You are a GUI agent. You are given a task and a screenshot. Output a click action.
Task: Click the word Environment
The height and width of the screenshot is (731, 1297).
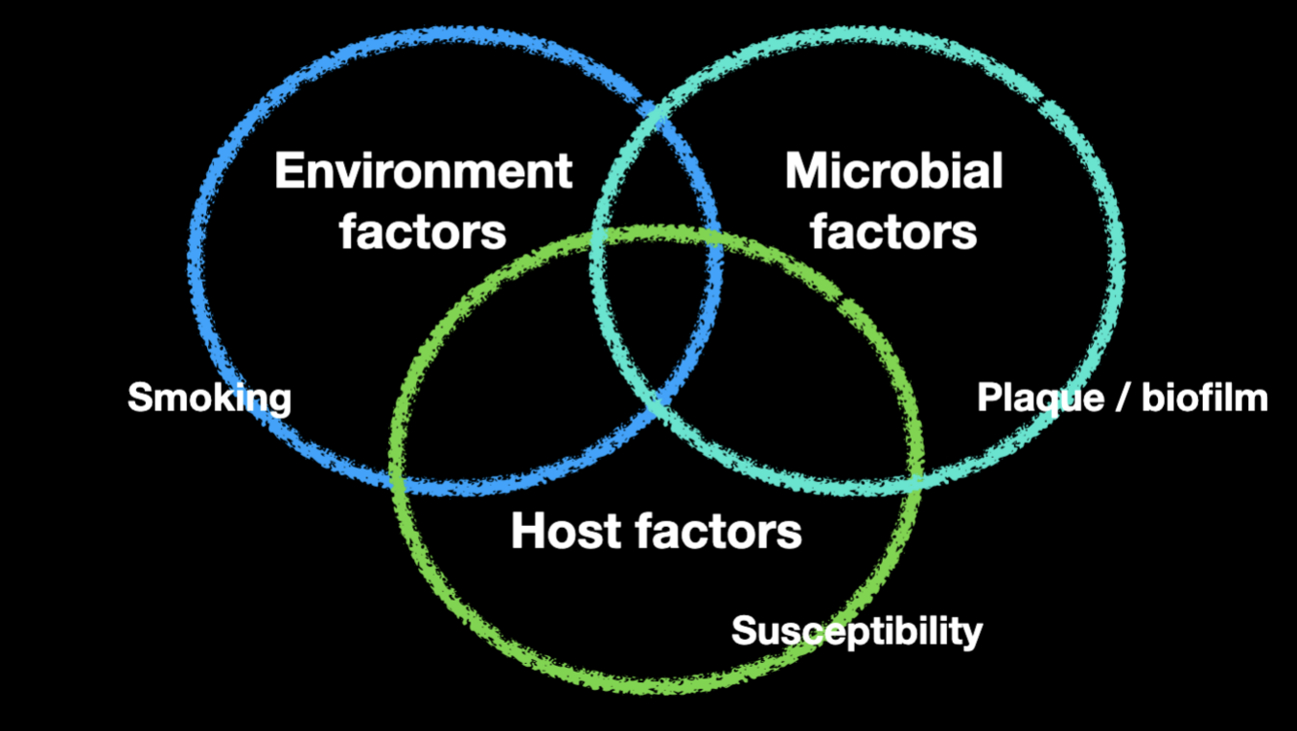[423, 172]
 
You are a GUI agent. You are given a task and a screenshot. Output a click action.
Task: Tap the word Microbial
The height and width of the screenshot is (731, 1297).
[894, 172]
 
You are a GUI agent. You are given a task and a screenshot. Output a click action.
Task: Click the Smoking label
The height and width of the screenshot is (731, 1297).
[209, 398]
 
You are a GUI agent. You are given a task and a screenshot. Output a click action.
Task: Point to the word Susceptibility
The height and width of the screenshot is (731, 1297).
[857, 631]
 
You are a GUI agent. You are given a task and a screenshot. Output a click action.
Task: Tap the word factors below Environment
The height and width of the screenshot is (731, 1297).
[423, 232]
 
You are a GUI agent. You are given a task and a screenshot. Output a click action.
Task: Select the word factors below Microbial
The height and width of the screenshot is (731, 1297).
[894, 232]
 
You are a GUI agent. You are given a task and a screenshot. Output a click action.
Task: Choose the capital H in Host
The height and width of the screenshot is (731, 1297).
[528, 531]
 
